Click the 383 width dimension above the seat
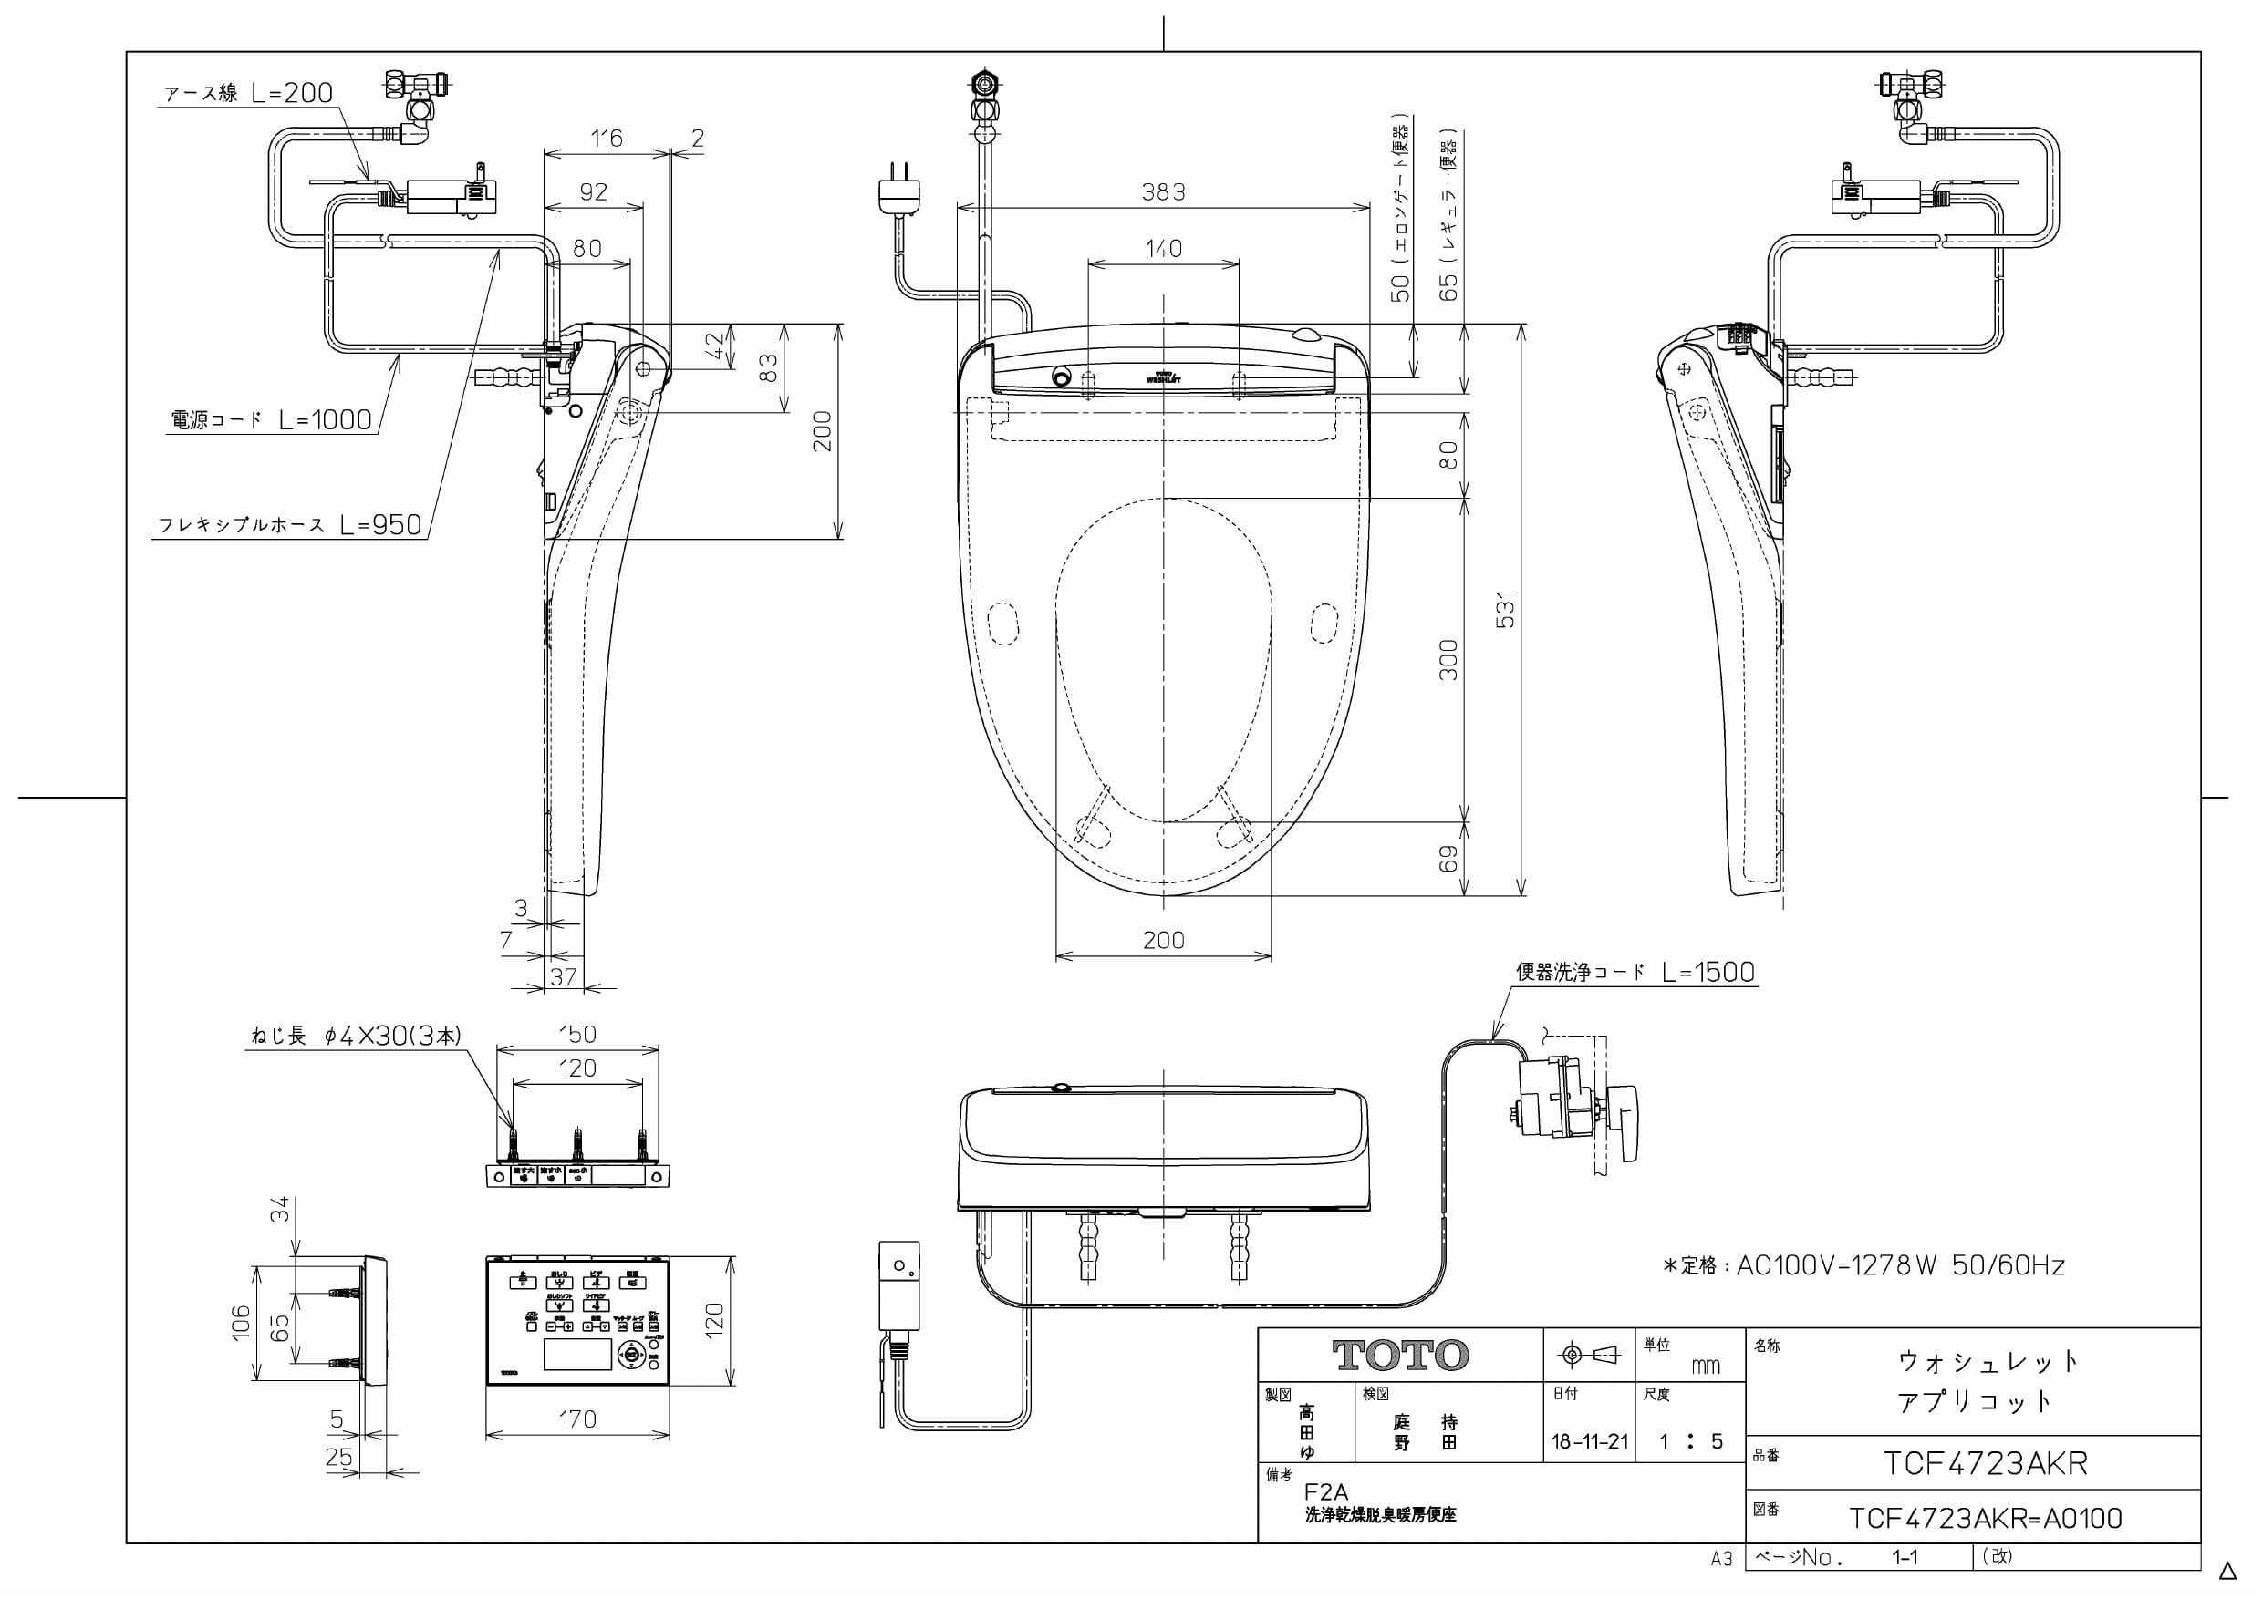(x=1163, y=192)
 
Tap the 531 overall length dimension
(x=1505, y=610)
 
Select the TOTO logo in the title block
(x=1399, y=1356)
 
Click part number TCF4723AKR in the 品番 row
(x=1985, y=1464)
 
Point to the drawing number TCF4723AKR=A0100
(x=1985, y=1518)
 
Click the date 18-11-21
(x=1589, y=1442)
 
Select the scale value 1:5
(x=1689, y=1442)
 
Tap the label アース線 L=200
(x=248, y=94)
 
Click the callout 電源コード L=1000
(x=272, y=420)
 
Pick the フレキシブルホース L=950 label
(x=291, y=525)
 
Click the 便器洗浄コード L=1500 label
(x=1635, y=973)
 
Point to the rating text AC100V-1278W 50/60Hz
(x=1863, y=1266)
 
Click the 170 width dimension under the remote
(x=577, y=1418)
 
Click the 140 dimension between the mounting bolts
(x=1163, y=249)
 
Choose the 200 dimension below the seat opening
(x=1163, y=940)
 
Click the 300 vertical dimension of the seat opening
(x=1448, y=659)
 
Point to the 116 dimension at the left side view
(x=607, y=139)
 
